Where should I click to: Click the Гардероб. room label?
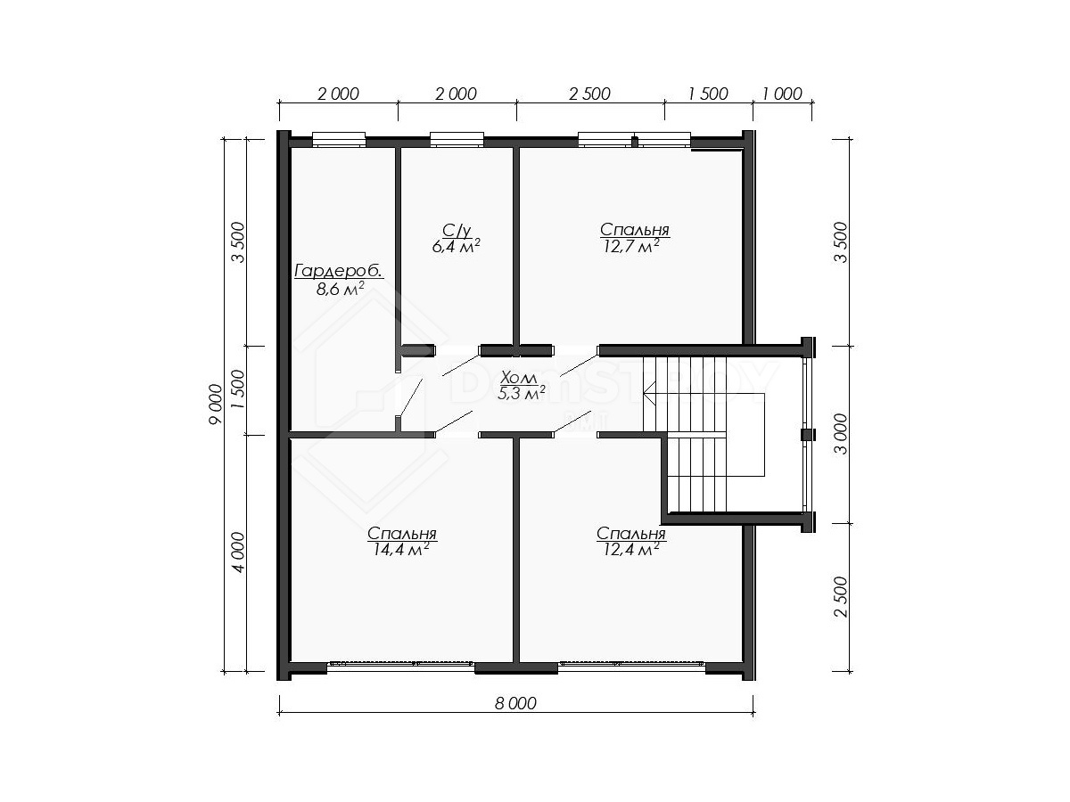[x=339, y=271]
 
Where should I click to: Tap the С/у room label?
[x=457, y=230]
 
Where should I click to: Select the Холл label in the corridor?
[x=519, y=377]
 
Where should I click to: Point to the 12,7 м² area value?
[x=632, y=247]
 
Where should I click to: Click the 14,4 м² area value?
[x=401, y=550]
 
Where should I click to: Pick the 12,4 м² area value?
[x=631, y=550]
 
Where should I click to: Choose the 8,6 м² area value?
[x=341, y=290]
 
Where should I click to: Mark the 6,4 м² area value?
[x=457, y=247]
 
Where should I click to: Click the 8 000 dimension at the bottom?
[x=515, y=703]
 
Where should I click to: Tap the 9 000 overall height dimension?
[x=215, y=405]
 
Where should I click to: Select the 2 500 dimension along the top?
[x=589, y=94]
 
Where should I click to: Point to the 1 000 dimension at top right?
[x=782, y=94]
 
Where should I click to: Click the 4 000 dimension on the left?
[x=237, y=552]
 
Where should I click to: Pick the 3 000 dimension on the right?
[x=842, y=434]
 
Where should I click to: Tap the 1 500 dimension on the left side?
[x=237, y=390]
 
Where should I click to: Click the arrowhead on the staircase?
[x=648, y=393]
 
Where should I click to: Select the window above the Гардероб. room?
[x=339, y=139]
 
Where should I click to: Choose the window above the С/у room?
[x=457, y=139]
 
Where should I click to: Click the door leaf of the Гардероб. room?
[x=410, y=397]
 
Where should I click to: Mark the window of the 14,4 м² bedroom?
[x=400, y=667]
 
